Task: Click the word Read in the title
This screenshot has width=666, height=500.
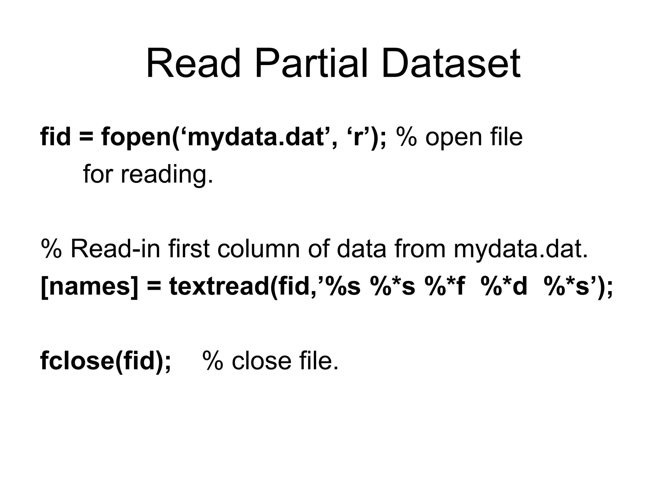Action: (193, 63)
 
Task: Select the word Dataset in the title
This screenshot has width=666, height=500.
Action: (451, 63)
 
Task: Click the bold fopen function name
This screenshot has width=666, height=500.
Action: (136, 137)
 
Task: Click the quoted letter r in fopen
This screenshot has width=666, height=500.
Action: (358, 137)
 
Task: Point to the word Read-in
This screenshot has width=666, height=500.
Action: (116, 249)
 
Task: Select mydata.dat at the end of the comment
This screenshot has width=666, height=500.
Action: (520, 249)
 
